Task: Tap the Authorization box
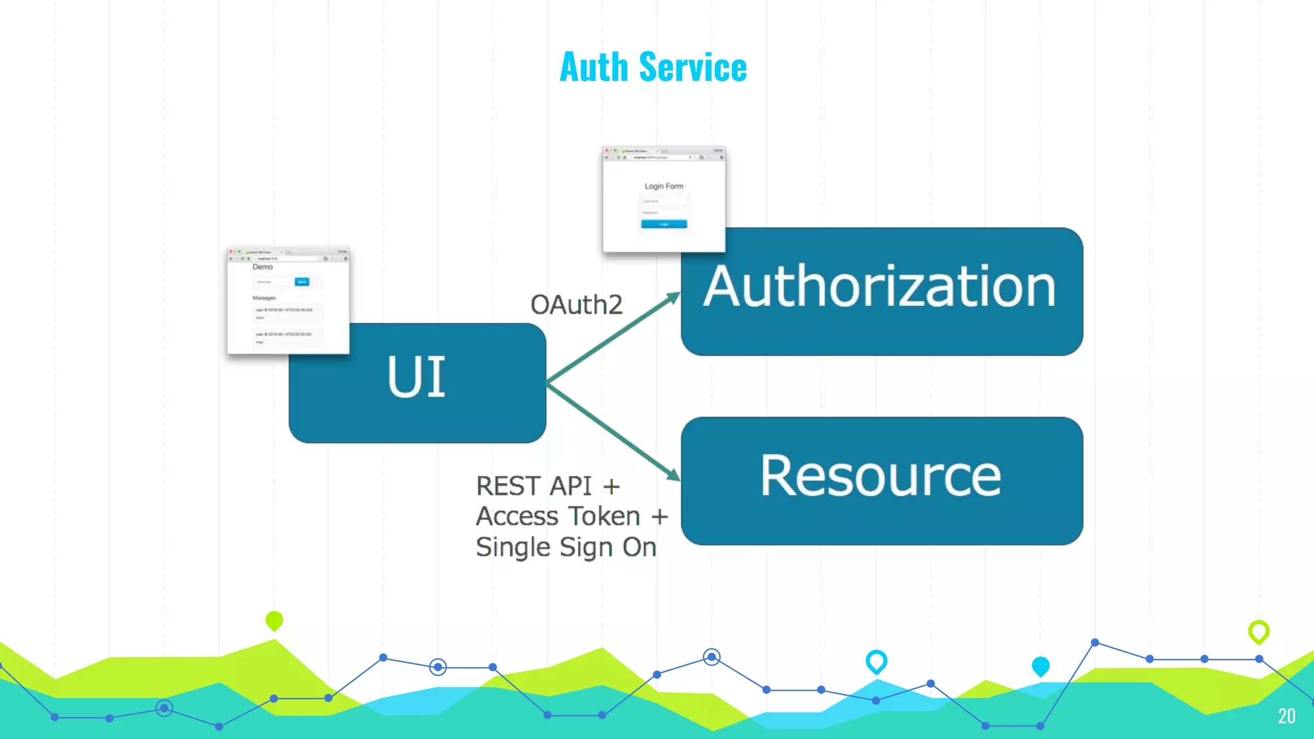[882, 291]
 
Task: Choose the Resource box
[882, 480]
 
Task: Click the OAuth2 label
[576, 305]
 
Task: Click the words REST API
[534, 486]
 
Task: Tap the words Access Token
[558, 516]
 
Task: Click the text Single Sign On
[566, 547]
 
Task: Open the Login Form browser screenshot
[664, 199]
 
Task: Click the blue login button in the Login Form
[664, 224]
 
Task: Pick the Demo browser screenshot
[288, 301]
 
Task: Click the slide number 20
[1286, 716]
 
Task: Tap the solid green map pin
[274, 620]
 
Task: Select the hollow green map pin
[1259, 631]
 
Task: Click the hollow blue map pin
[876, 661]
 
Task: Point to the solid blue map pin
[1041, 666]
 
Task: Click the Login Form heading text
[664, 186]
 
